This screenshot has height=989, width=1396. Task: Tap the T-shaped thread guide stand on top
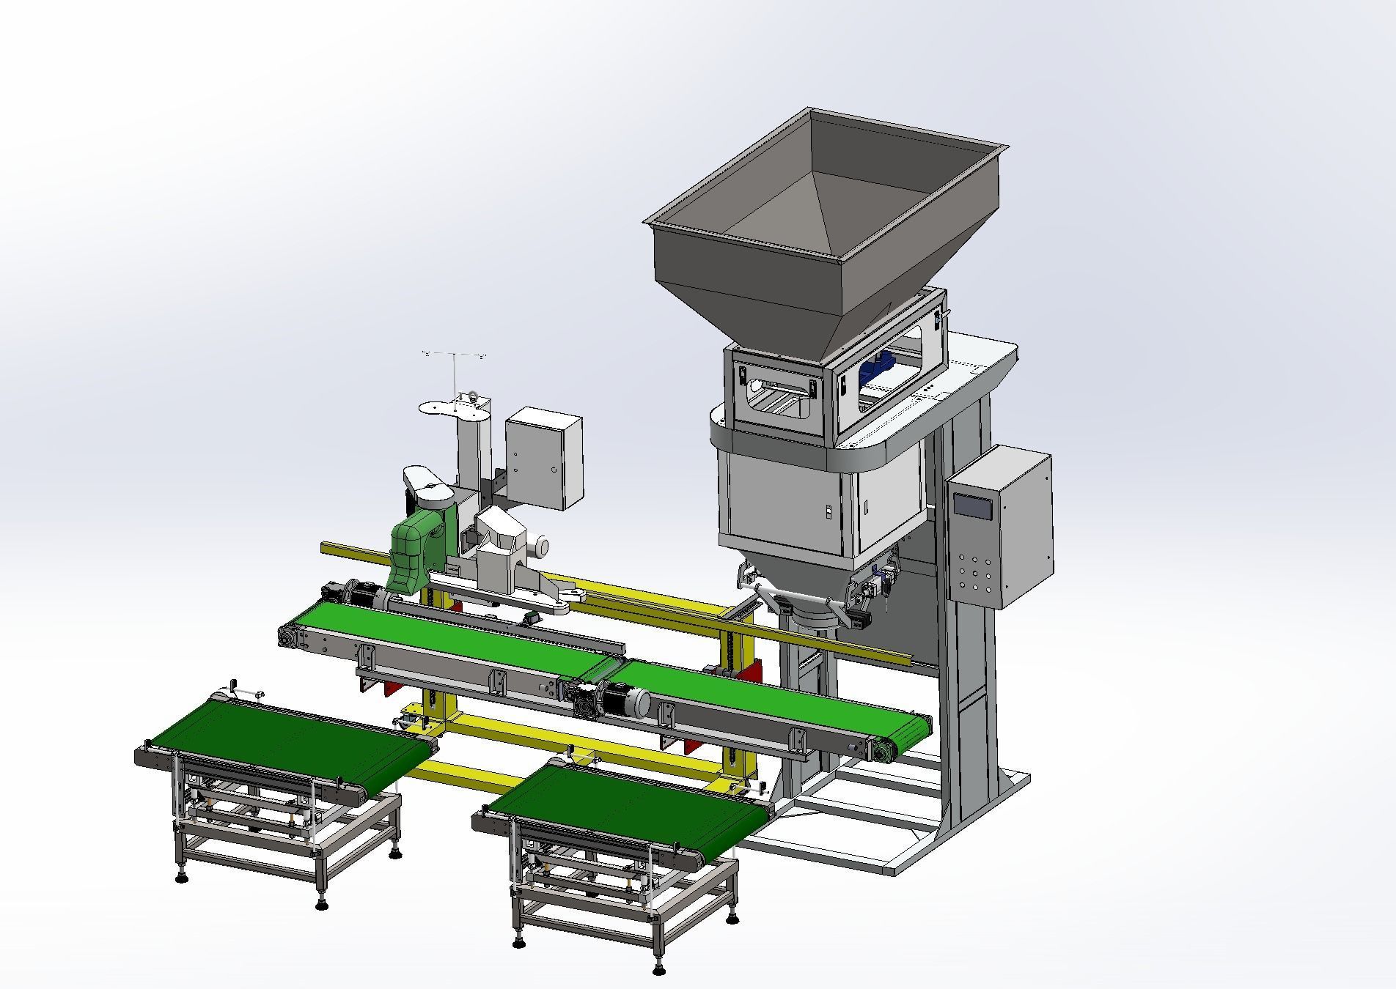tap(454, 366)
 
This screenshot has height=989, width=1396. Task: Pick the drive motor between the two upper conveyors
tap(623, 700)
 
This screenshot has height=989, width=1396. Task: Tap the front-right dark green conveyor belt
tap(631, 806)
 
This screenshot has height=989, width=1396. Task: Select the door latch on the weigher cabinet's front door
tap(826, 511)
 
